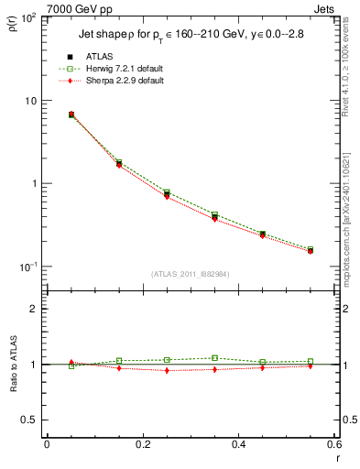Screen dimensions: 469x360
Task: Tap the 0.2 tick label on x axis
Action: pos(142,446)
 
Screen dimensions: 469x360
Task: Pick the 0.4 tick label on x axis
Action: pos(238,446)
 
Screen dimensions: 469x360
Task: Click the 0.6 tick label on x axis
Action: pos(333,446)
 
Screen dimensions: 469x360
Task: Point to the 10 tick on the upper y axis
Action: pos(32,101)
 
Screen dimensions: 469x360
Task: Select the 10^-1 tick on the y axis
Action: pos(29,267)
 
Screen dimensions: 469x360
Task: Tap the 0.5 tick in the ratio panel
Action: pos(32,420)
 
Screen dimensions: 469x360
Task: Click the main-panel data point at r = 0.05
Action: pos(71,115)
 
